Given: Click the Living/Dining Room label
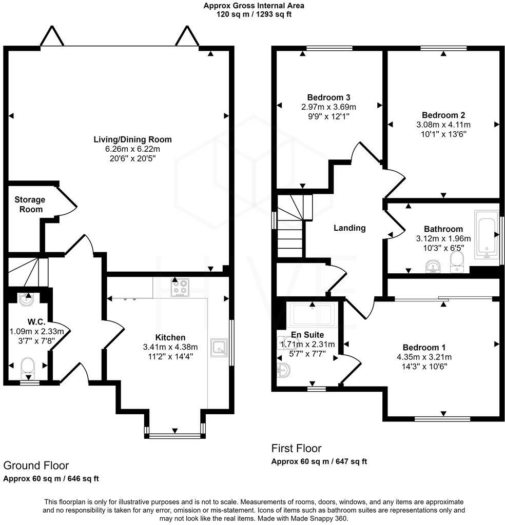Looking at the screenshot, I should point(132,139).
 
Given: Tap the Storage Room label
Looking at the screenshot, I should point(30,204).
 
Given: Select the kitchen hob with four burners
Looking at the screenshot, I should point(180,288).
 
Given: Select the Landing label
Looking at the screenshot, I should point(349,228).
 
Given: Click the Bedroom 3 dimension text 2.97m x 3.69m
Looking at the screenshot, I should point(328,107).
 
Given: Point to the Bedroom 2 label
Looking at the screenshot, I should point(443,115).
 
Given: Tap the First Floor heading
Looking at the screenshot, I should point(296,449).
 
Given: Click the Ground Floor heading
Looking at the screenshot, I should point(36,466).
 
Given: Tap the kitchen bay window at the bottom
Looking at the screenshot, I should point(176,436).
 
